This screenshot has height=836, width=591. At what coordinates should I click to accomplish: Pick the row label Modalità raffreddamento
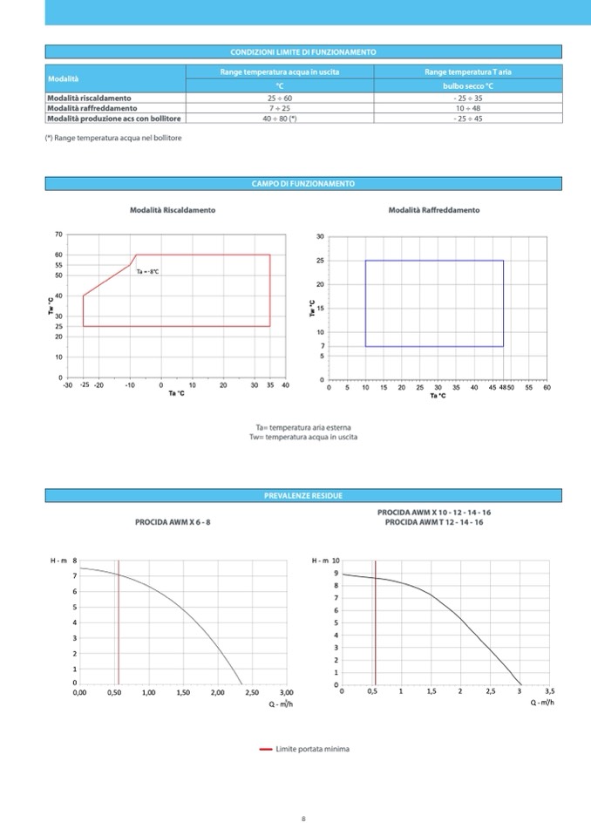pos(92,108)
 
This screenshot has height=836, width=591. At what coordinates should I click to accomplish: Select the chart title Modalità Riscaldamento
pos(173,210)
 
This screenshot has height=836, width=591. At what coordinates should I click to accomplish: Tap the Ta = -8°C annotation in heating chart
pos(147,272)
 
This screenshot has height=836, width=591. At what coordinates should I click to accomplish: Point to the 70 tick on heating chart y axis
pos(58,235)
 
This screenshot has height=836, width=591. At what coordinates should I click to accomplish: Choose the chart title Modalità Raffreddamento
pos(433,210)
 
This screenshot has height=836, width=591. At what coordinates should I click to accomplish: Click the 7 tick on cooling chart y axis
pos(323,346)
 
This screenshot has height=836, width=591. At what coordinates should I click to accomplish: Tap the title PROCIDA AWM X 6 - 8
pos(173,521)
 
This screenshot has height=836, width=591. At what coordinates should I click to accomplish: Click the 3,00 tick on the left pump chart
pos(286,692)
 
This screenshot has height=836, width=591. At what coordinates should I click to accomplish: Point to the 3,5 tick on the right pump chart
pos(549,691)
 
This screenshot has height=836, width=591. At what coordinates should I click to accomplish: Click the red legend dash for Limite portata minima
pos(266,749)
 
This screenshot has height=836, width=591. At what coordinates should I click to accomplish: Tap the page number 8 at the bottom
pos(302,818)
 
